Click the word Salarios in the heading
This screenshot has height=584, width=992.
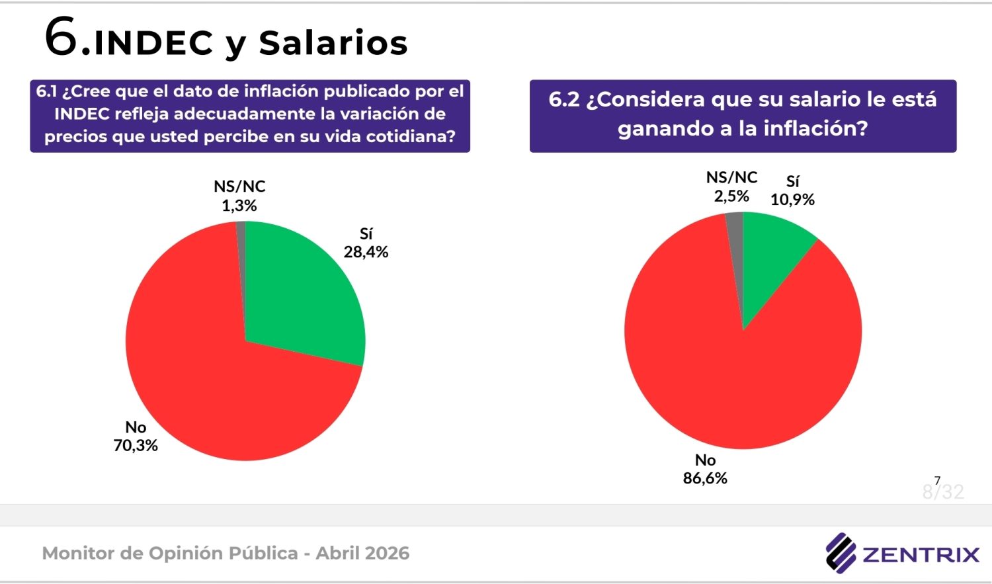point(333,44)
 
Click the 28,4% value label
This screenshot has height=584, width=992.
point(366,252)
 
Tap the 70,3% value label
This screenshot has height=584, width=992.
point(136,446)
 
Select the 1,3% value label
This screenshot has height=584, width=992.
point(239,206)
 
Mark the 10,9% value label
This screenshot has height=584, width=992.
point(792,200)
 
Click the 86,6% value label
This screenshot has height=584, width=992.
point(705,478)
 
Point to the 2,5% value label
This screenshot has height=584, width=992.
point(731,196)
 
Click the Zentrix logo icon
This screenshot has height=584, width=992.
point(841,552)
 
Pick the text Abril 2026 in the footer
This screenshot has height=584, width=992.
point(362,553)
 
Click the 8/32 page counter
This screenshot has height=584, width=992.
point(943,491)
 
